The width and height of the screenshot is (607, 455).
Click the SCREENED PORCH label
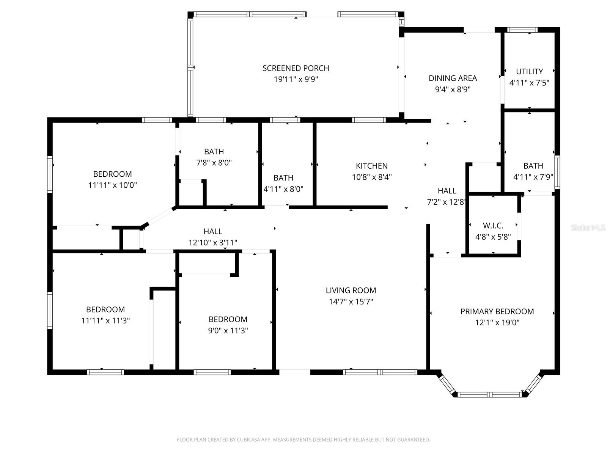[x=296, y=68]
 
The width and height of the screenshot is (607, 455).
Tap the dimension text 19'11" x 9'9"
[x=296, y=80]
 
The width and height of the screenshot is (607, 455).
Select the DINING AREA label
[x=453, y=78]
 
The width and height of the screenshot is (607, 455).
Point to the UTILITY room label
[x=529, y=71]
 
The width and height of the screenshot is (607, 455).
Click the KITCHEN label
[x=371, y=166]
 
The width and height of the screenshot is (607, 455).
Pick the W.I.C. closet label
[x=493, y=226]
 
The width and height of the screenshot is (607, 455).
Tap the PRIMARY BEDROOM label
[x=497, y=311]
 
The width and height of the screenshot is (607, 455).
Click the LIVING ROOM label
[x=351, y=290]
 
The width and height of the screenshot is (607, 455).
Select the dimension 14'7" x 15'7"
[x=351, y=302]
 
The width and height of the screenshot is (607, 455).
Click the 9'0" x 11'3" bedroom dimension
[x=228, y=331]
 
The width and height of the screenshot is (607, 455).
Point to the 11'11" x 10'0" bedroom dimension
[x=112, y=185]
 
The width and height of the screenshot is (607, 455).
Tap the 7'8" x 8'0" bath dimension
[x=214, y=163]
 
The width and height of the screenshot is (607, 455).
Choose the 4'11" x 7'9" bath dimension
[x=533, y=177]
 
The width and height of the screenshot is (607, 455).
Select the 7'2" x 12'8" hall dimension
[x=447, y=202]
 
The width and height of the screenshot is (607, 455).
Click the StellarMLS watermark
[x=588, y=228]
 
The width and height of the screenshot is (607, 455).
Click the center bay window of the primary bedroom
[x=489, y=395]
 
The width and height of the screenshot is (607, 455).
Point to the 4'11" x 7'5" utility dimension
[x=529, y=83]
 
